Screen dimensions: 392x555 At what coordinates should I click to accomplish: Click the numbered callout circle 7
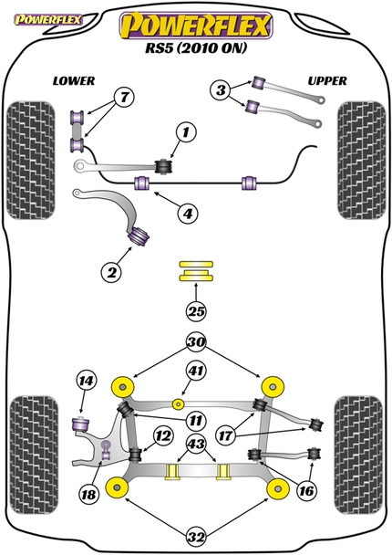click(124, 97)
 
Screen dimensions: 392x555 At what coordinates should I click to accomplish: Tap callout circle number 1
click(186, 132)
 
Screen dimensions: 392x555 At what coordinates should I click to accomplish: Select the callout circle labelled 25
click(196, 311)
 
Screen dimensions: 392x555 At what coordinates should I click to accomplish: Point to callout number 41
click(196, 371)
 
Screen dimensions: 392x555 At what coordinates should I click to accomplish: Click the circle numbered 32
click(196, 538)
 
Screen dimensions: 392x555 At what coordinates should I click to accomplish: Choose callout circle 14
click(87, 381)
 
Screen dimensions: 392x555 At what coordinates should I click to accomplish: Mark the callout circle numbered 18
click(88, 494)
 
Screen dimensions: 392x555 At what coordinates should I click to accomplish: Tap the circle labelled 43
click(196, 443)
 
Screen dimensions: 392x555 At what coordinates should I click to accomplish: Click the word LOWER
click(74, 81)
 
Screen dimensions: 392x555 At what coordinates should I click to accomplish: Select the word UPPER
click(327, 81)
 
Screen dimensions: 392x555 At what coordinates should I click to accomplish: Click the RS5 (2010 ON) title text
click(196, 48)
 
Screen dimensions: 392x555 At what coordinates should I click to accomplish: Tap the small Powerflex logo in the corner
click(48, 19)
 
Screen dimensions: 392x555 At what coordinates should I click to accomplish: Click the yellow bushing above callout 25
click(196, 271)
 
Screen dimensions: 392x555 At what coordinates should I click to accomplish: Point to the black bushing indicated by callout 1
click(164, 167)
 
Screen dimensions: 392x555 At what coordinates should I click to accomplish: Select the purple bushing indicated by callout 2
click(139, 236)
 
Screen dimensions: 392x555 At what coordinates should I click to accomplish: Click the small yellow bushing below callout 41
click(179, 403)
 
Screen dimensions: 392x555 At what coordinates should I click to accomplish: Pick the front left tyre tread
click(31, 161)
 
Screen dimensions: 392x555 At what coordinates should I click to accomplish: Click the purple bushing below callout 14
click(81, 424)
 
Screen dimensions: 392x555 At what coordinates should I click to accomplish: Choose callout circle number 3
click(221, 89)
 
